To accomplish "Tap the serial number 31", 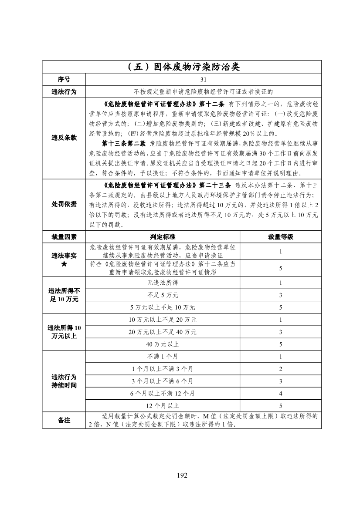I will point(204,80).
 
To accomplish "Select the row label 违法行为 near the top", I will point(64,92).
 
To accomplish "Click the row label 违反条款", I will point(64,138).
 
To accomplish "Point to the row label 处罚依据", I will point(64,204).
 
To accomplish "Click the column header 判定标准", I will point(163,237).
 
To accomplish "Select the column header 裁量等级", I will point(281,237).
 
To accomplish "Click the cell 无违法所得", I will point(163,283).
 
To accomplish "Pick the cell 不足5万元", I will point(163,295).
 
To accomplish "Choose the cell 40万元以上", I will point(163,344).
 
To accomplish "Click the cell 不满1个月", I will point(163,357).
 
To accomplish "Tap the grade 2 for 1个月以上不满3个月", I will point(281,369).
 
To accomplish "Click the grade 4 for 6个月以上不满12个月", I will point(281,394).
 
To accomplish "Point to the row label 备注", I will point(64,421).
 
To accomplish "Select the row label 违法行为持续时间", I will point(64,381).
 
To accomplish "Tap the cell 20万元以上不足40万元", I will point(163,332).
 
